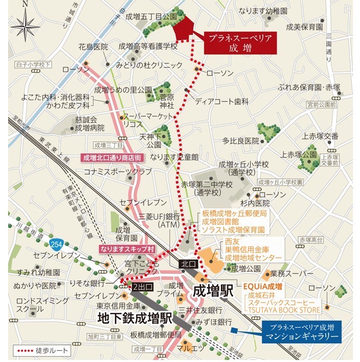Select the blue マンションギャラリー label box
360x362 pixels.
tap(302, 330)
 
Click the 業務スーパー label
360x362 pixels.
tap(289, 273)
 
